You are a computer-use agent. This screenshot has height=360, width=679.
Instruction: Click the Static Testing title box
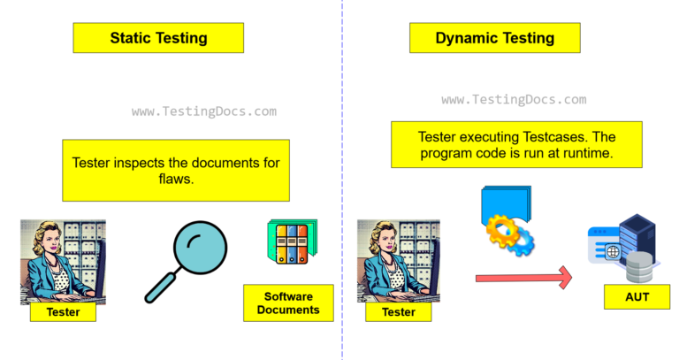tap(158, 38)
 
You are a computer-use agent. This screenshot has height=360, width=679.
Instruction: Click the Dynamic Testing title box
tap(494, 38)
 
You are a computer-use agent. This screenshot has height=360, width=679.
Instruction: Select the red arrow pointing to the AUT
tap(523, 279)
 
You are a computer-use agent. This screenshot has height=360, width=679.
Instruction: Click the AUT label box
tap(637, 297)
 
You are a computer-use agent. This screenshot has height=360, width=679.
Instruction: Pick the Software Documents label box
tap(287, 303)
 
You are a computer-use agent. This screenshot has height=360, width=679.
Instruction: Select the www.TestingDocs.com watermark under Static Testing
tap(203, 112)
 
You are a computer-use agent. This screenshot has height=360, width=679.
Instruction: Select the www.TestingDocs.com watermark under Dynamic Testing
tap(513, 100)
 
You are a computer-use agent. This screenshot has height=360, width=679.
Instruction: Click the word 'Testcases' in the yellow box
tap(556, 136)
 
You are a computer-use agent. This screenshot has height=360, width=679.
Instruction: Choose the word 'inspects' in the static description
tap(141, 163)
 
